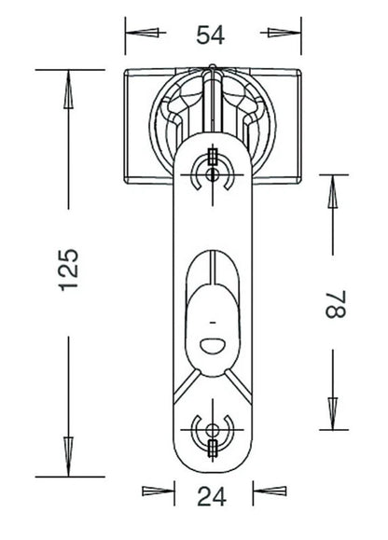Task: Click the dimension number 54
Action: (x=211, y=35)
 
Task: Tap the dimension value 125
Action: (x=68, y=270)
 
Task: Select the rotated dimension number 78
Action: (x=336, y=304)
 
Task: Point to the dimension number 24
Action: (x=212, y=496)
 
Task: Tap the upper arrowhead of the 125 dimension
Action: (x=68, y=90)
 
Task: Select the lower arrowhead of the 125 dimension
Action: (x=68, y=457)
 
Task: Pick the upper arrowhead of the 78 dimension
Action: (x=333, y=191)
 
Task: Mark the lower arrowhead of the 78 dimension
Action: (x=333, y=413)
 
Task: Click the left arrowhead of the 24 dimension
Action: (x=159, y=492)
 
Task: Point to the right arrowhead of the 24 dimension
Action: (x=270, y=492)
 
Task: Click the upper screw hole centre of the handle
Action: (x=212, y=174)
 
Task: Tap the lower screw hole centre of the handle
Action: (x=212, y=430)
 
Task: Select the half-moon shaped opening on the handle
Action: (x=213, y=345)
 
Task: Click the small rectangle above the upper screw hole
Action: (x=213, y=156)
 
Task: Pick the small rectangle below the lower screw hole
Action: (x=213, y=449)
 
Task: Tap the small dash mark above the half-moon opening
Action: (x=213, y=323)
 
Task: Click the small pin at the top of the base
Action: (x=213, y=67)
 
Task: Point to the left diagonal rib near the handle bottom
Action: (x=187, y=386)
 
